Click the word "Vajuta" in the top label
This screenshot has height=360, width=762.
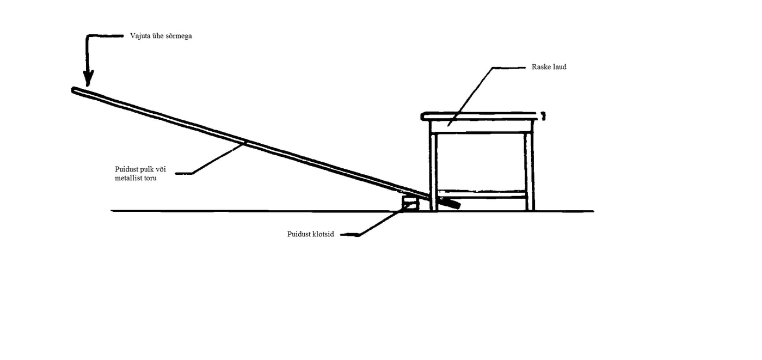click(x=140, y=36)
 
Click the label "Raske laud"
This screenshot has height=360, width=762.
click(x=549, y=68)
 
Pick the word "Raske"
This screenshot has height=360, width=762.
click(x=540, y=68)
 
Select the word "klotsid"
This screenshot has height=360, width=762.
click(x=323, y=234)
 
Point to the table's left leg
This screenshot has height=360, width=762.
click(x=433, y=169)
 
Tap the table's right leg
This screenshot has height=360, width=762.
click(x=529, y=169)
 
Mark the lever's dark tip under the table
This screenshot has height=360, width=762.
click(x=450, y=204)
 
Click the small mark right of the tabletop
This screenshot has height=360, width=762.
click(x=543, y=115)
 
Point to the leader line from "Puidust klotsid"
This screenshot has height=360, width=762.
click(x=376, y=224)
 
